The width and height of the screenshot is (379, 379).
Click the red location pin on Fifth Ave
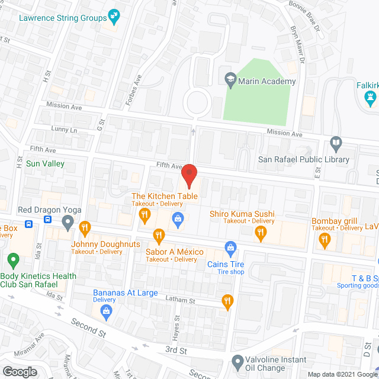point(188,175)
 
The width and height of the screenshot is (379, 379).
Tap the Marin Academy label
point(268,81)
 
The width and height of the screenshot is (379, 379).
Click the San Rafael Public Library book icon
point(336,143)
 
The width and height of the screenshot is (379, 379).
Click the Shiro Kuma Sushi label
point(242,214)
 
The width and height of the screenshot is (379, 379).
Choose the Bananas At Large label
point(125,292)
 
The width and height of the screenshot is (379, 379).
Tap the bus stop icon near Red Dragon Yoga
point(46,220)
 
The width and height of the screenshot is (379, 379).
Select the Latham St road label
point(180,301)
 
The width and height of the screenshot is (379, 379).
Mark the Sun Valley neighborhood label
point(45,163)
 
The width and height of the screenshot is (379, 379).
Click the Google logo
point(19,371)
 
